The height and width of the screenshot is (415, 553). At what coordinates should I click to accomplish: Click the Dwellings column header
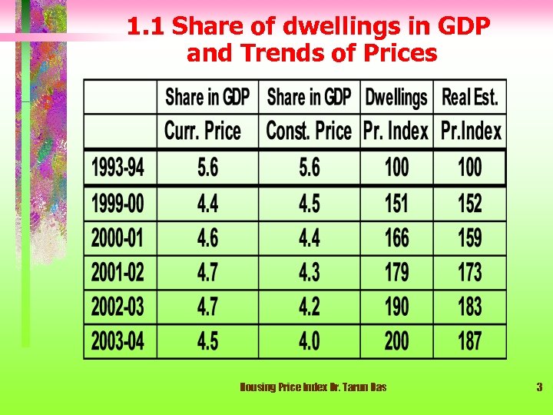(x=396, y=98)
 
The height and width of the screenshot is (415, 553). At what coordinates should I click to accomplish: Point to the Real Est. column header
(x=470, y=98)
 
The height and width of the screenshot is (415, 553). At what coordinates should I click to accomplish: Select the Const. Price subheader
(x=309, y=131)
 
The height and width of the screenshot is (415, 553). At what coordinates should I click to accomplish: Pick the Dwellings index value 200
(x=396, y=340)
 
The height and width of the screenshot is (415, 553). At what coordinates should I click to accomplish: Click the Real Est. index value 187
(x=469, y=340)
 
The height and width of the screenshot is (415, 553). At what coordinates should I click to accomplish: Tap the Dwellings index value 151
(x=396, y=204)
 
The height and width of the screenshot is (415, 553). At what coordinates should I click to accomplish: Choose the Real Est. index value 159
(x=469, y=237)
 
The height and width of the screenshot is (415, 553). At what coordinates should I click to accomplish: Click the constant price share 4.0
(x=309, y=340)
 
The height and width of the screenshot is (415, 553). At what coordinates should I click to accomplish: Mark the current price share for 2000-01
(x=207, y=237)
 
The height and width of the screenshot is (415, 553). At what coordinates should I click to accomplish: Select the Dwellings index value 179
(x=396, y=272)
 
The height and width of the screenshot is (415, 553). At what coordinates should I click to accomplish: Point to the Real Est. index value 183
(x=469, y=307)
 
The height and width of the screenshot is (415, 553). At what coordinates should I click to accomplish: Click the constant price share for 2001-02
(x=309, y=272)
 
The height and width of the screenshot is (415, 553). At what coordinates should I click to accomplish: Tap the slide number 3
(x=539, y=387)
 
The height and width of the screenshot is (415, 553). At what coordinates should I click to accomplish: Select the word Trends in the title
(x=266, y=54)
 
